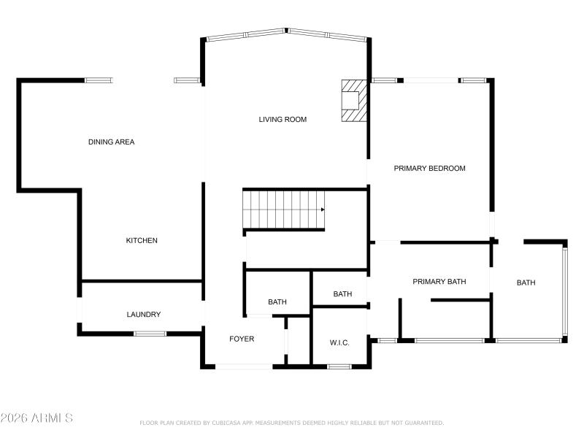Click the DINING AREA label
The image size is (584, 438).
tap(111, 142)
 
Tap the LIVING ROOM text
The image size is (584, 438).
tap(283, 119)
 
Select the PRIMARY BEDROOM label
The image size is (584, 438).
tap(429, 168)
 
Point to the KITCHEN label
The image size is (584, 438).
tap(142, 240)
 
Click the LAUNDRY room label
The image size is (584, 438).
tap(143, 315)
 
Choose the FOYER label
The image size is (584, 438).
tap(242, 339)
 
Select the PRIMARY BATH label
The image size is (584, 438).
tap(439, 281)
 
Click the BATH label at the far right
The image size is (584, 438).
tap(526, 283)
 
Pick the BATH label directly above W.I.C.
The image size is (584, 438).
tap(342, 294)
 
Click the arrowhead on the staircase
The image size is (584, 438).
tap(322, 210)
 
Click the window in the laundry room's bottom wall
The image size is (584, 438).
tap(150, 334)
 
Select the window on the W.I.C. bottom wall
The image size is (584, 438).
tap(338, 366)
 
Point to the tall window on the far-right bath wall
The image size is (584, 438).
tap(564, 292)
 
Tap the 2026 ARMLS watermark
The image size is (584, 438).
tap(36, 418)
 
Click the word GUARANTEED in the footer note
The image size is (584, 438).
tap(421, 423)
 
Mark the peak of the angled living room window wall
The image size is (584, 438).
tap(285, 31)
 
